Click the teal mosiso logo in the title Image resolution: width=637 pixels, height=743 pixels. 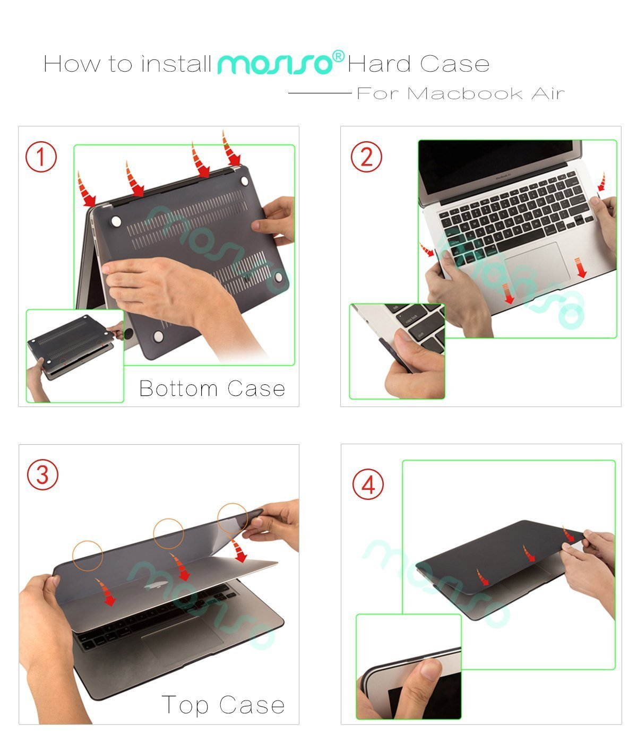click(x=274, y=64)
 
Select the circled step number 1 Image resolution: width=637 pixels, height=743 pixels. click(x=41, y=157)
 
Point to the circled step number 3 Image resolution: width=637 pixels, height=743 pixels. click(x=42, y=474)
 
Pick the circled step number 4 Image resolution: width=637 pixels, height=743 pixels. click(x=368, y=485)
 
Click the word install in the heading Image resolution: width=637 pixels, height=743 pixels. click(x=176, y=64)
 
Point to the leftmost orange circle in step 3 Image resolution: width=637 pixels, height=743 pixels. click(x=87, y=556)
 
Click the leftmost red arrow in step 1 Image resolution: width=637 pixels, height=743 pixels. click(x=85, y=190)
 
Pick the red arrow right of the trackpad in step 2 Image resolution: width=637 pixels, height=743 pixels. click(x=581, y=267)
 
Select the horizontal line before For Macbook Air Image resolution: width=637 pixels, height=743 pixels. click(x=320, y=93)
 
